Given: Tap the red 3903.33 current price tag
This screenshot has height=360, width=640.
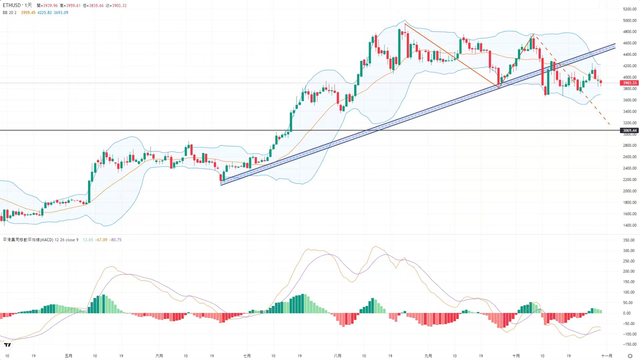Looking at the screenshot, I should coord(629,83).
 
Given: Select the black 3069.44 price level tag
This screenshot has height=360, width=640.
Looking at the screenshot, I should coord(629,130).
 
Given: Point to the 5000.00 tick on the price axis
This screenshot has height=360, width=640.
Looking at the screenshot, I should coord(630,20).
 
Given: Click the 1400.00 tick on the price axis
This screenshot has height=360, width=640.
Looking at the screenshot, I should coord(630,225).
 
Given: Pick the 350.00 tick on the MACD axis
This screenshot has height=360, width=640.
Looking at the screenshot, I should coord(629,240).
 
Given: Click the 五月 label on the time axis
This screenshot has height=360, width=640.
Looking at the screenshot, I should coord(68,356).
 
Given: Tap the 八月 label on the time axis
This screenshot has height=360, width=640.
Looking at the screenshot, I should coord(337,356).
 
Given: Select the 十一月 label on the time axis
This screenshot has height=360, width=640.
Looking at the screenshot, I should coord(606,356).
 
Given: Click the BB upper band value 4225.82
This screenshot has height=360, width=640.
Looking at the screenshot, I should coord(44,13).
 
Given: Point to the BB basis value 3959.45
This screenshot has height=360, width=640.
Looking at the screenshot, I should coord(28,13).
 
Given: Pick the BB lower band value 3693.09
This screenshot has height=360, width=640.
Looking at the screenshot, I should coord(61,13).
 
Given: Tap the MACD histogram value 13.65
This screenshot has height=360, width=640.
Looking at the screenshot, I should coord(88,240).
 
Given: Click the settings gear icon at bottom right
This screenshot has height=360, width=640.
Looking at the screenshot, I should coord(630,356).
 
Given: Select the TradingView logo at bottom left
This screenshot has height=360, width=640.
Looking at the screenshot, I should coord(7,345).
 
